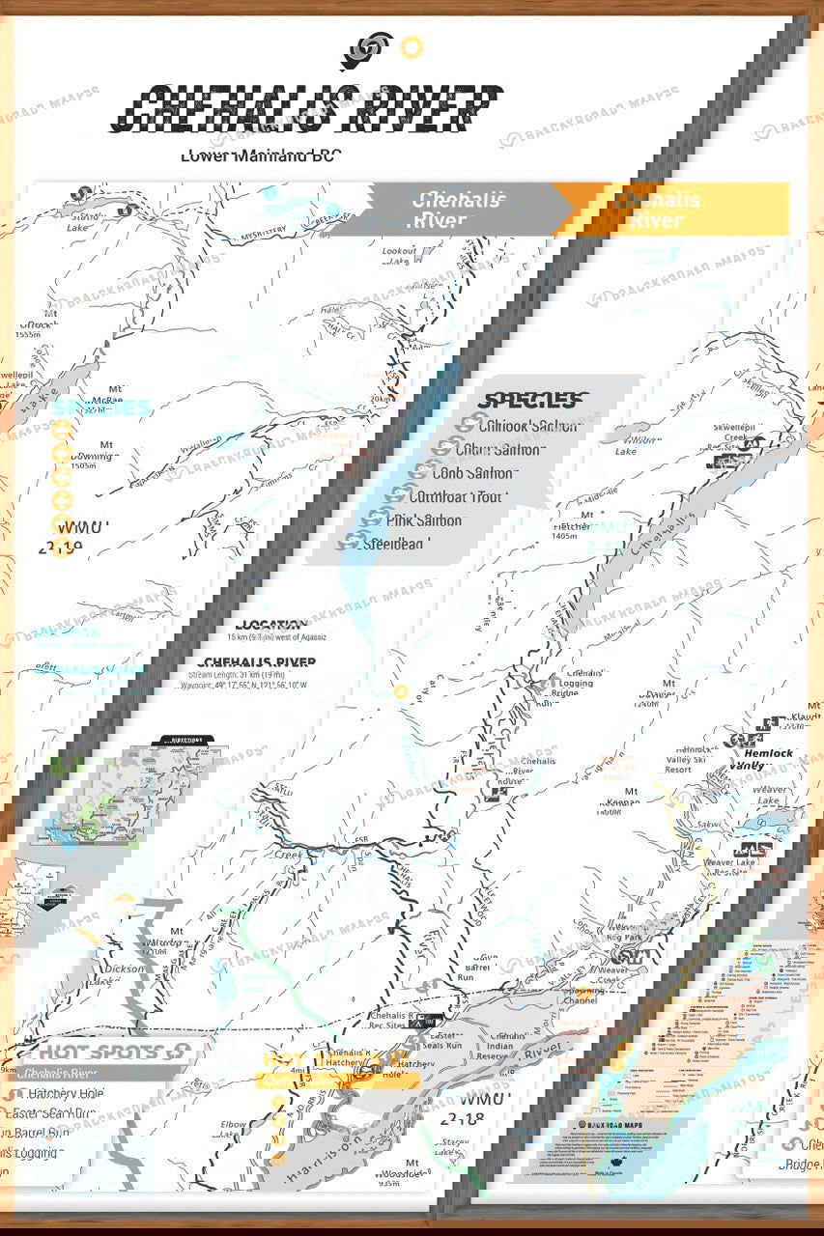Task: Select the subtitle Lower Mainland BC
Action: click(260, 156)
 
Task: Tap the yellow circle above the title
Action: click(412, 46)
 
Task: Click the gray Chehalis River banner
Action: click(444, 210)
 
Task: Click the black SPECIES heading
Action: click(533, 400)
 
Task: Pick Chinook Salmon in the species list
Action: click(529, 426)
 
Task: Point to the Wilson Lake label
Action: click(638, 445)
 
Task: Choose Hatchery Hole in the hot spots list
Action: click(67, 1094)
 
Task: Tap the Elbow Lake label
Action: click(233, 1129)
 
